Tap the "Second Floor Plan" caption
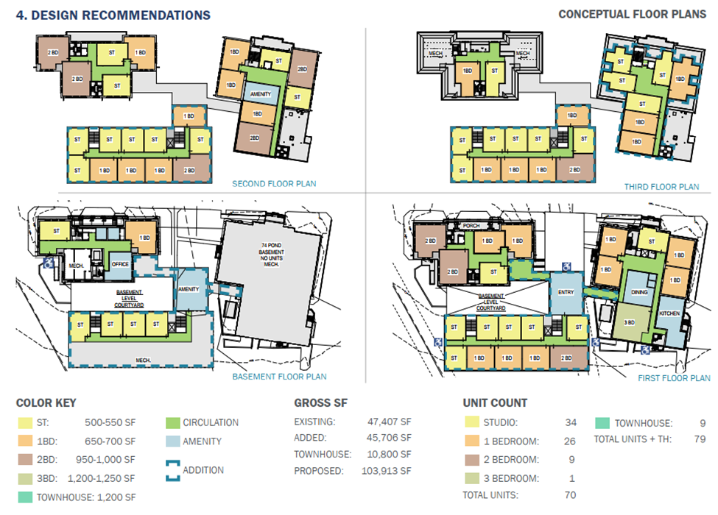(x=274, y=184)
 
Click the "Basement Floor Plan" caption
(x=279, y=377)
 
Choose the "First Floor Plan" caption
(x=674, y=378)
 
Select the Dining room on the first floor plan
(x=640, y=292)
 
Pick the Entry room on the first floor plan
(x=566, y=292)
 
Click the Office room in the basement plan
(x=119, y=264)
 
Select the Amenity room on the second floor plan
(x=261, y=94)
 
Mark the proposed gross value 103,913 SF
(x=386, y=470)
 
